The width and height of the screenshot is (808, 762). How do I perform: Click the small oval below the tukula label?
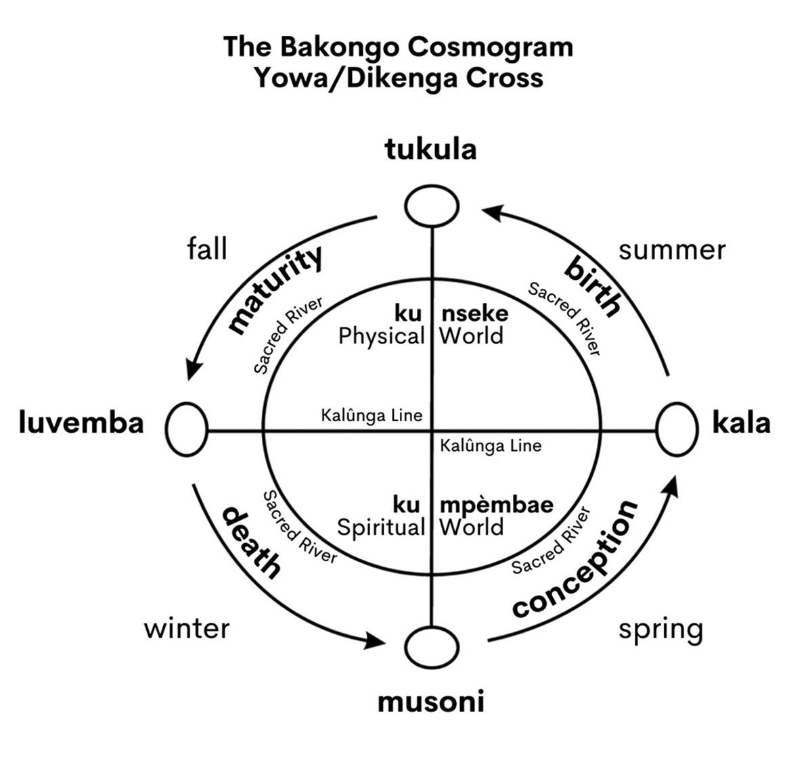[431, 205]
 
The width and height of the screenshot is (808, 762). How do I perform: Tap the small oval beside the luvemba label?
[186, 429]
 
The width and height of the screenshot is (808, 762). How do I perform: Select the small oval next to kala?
[676, 429]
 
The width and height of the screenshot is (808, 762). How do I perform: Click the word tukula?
[430, 149]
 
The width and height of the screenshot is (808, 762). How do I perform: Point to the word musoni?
[430, 702]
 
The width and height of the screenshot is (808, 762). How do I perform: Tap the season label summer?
[671, 250]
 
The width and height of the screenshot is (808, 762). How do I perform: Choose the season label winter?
[187, 629]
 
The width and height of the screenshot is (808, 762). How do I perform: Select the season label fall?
[206, 249]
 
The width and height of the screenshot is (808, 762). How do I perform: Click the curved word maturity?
[275, 291]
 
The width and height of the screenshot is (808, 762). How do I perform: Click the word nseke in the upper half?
[474, 314]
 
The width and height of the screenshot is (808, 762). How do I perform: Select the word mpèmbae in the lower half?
[496, 505]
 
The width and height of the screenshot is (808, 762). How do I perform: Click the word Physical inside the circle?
[381, 336]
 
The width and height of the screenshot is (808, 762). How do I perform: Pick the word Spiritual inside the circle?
[380, 527]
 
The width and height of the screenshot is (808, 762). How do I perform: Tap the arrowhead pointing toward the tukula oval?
[492, 212]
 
